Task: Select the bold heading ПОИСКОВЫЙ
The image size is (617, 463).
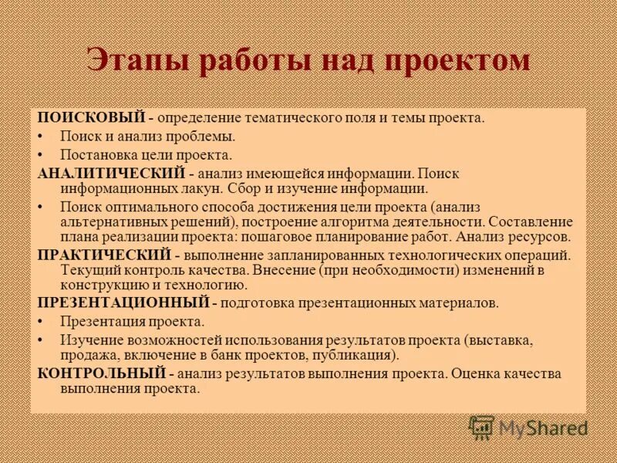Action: click(92, 118)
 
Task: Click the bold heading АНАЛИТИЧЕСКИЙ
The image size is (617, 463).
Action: click(112, 174)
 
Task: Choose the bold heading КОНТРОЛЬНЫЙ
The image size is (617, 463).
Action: click(101, 374)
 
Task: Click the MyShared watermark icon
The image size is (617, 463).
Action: click(482, 428)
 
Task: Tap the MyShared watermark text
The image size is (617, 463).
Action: click(543, 428)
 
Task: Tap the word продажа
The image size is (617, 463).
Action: click(87, 356)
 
